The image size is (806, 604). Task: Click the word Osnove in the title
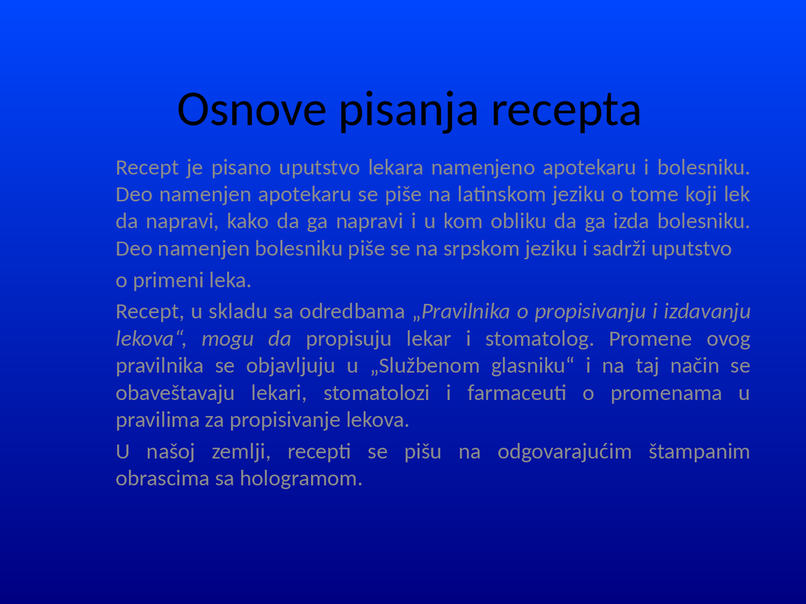click(x=251, y=109)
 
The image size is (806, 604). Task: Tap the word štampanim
click(x=699, y=452)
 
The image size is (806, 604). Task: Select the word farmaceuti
click(x=516, y=393)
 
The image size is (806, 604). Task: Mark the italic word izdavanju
click(x=707, y=311)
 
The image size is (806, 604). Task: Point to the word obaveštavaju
click(x=175, y=393)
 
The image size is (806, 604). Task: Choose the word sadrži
click(x=619, y=249)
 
